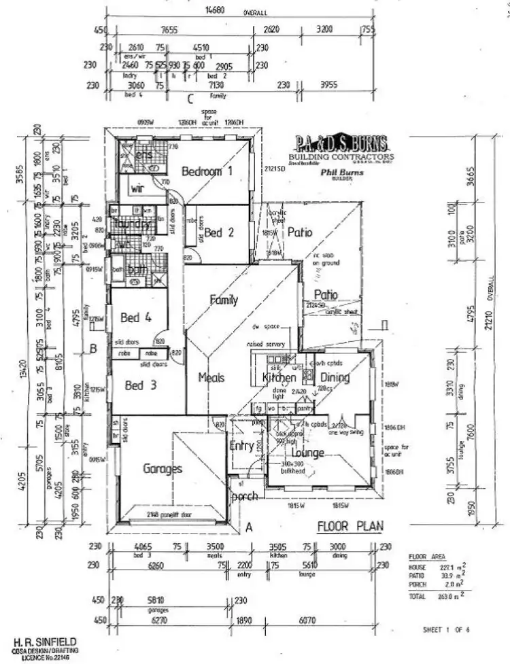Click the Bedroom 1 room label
click(207, 171)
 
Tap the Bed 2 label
click(219, 232)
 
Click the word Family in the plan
click(224, 299)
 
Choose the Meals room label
click(211, 377)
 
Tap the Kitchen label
click(279, 377)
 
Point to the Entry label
click(242, 446)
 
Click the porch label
click(244, 496)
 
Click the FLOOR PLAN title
click(350, 525)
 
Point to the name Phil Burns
click(342, 173)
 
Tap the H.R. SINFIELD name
click(44, 641)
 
